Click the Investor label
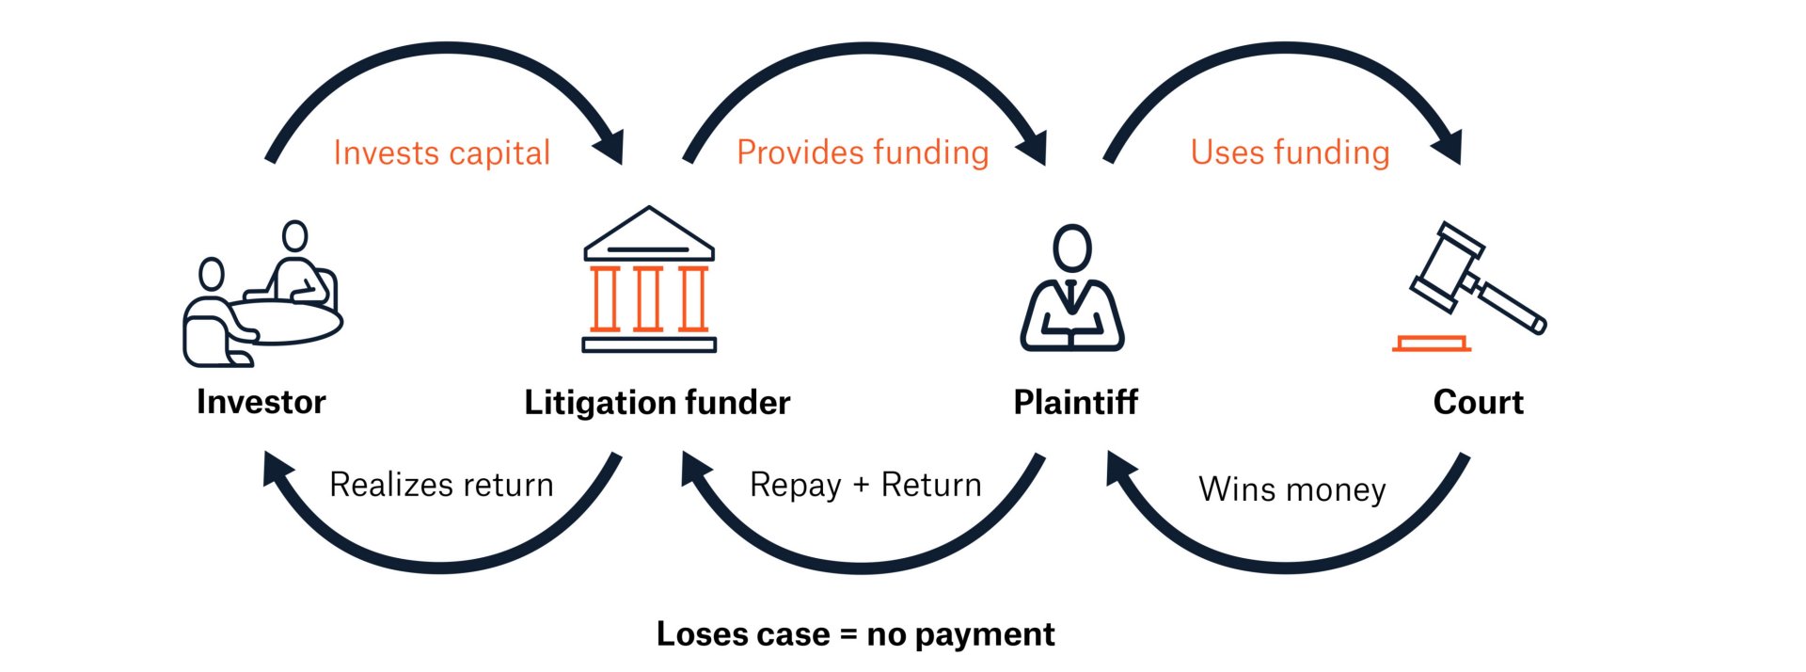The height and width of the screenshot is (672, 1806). [x=261, y=402]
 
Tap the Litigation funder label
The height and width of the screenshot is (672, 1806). [x=657, y=403]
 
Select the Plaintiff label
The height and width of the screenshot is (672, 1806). [x=1075, y=403]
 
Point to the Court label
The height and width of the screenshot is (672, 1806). [x=1478, y=403]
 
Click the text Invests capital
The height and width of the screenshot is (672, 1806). [x=441, y=153]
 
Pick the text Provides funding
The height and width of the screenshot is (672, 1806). [x=863, y=152]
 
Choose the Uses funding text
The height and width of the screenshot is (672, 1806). [x=1290, y=152]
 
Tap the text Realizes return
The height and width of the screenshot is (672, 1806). [x=441, y=485]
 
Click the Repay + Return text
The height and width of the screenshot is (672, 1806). [x=865, y=485]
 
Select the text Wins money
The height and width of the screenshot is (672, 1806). [x=1291, y=489]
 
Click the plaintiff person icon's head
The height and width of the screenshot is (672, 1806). [x=1072, y=248]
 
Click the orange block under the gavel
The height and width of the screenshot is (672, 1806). [x=1432, y=344]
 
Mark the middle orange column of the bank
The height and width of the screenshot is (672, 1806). [x=648, y=299]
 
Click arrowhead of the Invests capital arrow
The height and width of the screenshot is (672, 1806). [x=610, y=146]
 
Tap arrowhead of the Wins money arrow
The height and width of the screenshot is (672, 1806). [x=1122, y=468]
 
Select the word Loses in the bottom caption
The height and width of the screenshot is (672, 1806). [x=696, y=634]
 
